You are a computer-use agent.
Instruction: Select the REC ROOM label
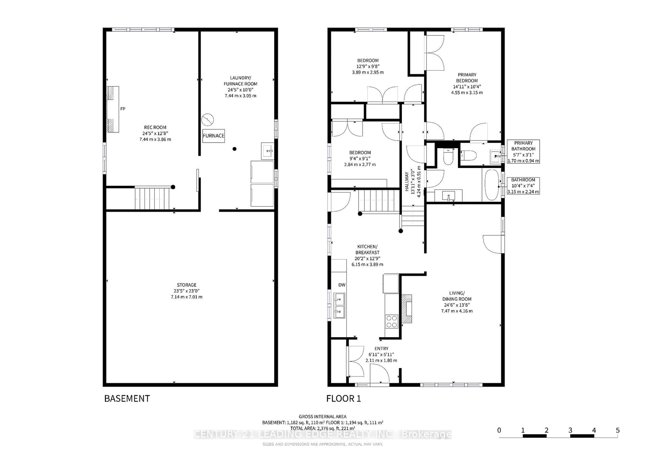tap(155, 127)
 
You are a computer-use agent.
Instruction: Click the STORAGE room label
tap(187, 285)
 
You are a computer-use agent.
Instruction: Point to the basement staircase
tap(152, 198)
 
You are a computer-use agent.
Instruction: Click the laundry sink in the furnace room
tap(267, 151)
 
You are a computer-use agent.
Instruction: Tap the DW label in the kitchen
tap(342, 285)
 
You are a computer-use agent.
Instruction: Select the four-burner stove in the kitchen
tap(392, 322)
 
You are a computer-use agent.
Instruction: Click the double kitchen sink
tap(339, 306)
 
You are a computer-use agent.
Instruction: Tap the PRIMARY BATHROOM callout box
tap(523, 152)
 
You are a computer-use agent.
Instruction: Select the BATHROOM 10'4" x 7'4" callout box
tap(523, 186)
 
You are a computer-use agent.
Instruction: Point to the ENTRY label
tap(381, 348)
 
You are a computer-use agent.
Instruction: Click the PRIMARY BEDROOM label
tap(467, 78)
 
